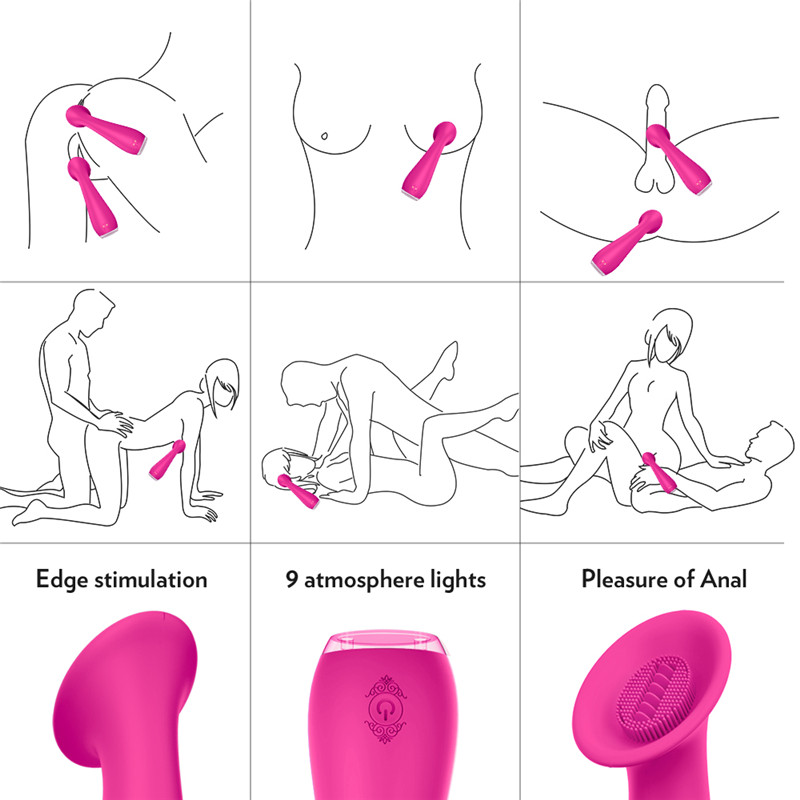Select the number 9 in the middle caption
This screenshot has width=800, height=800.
[291, 579]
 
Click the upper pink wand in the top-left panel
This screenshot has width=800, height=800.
[111, 126]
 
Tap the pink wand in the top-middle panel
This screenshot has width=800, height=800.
[426, 160]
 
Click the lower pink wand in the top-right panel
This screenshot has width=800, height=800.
[625, 244]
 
